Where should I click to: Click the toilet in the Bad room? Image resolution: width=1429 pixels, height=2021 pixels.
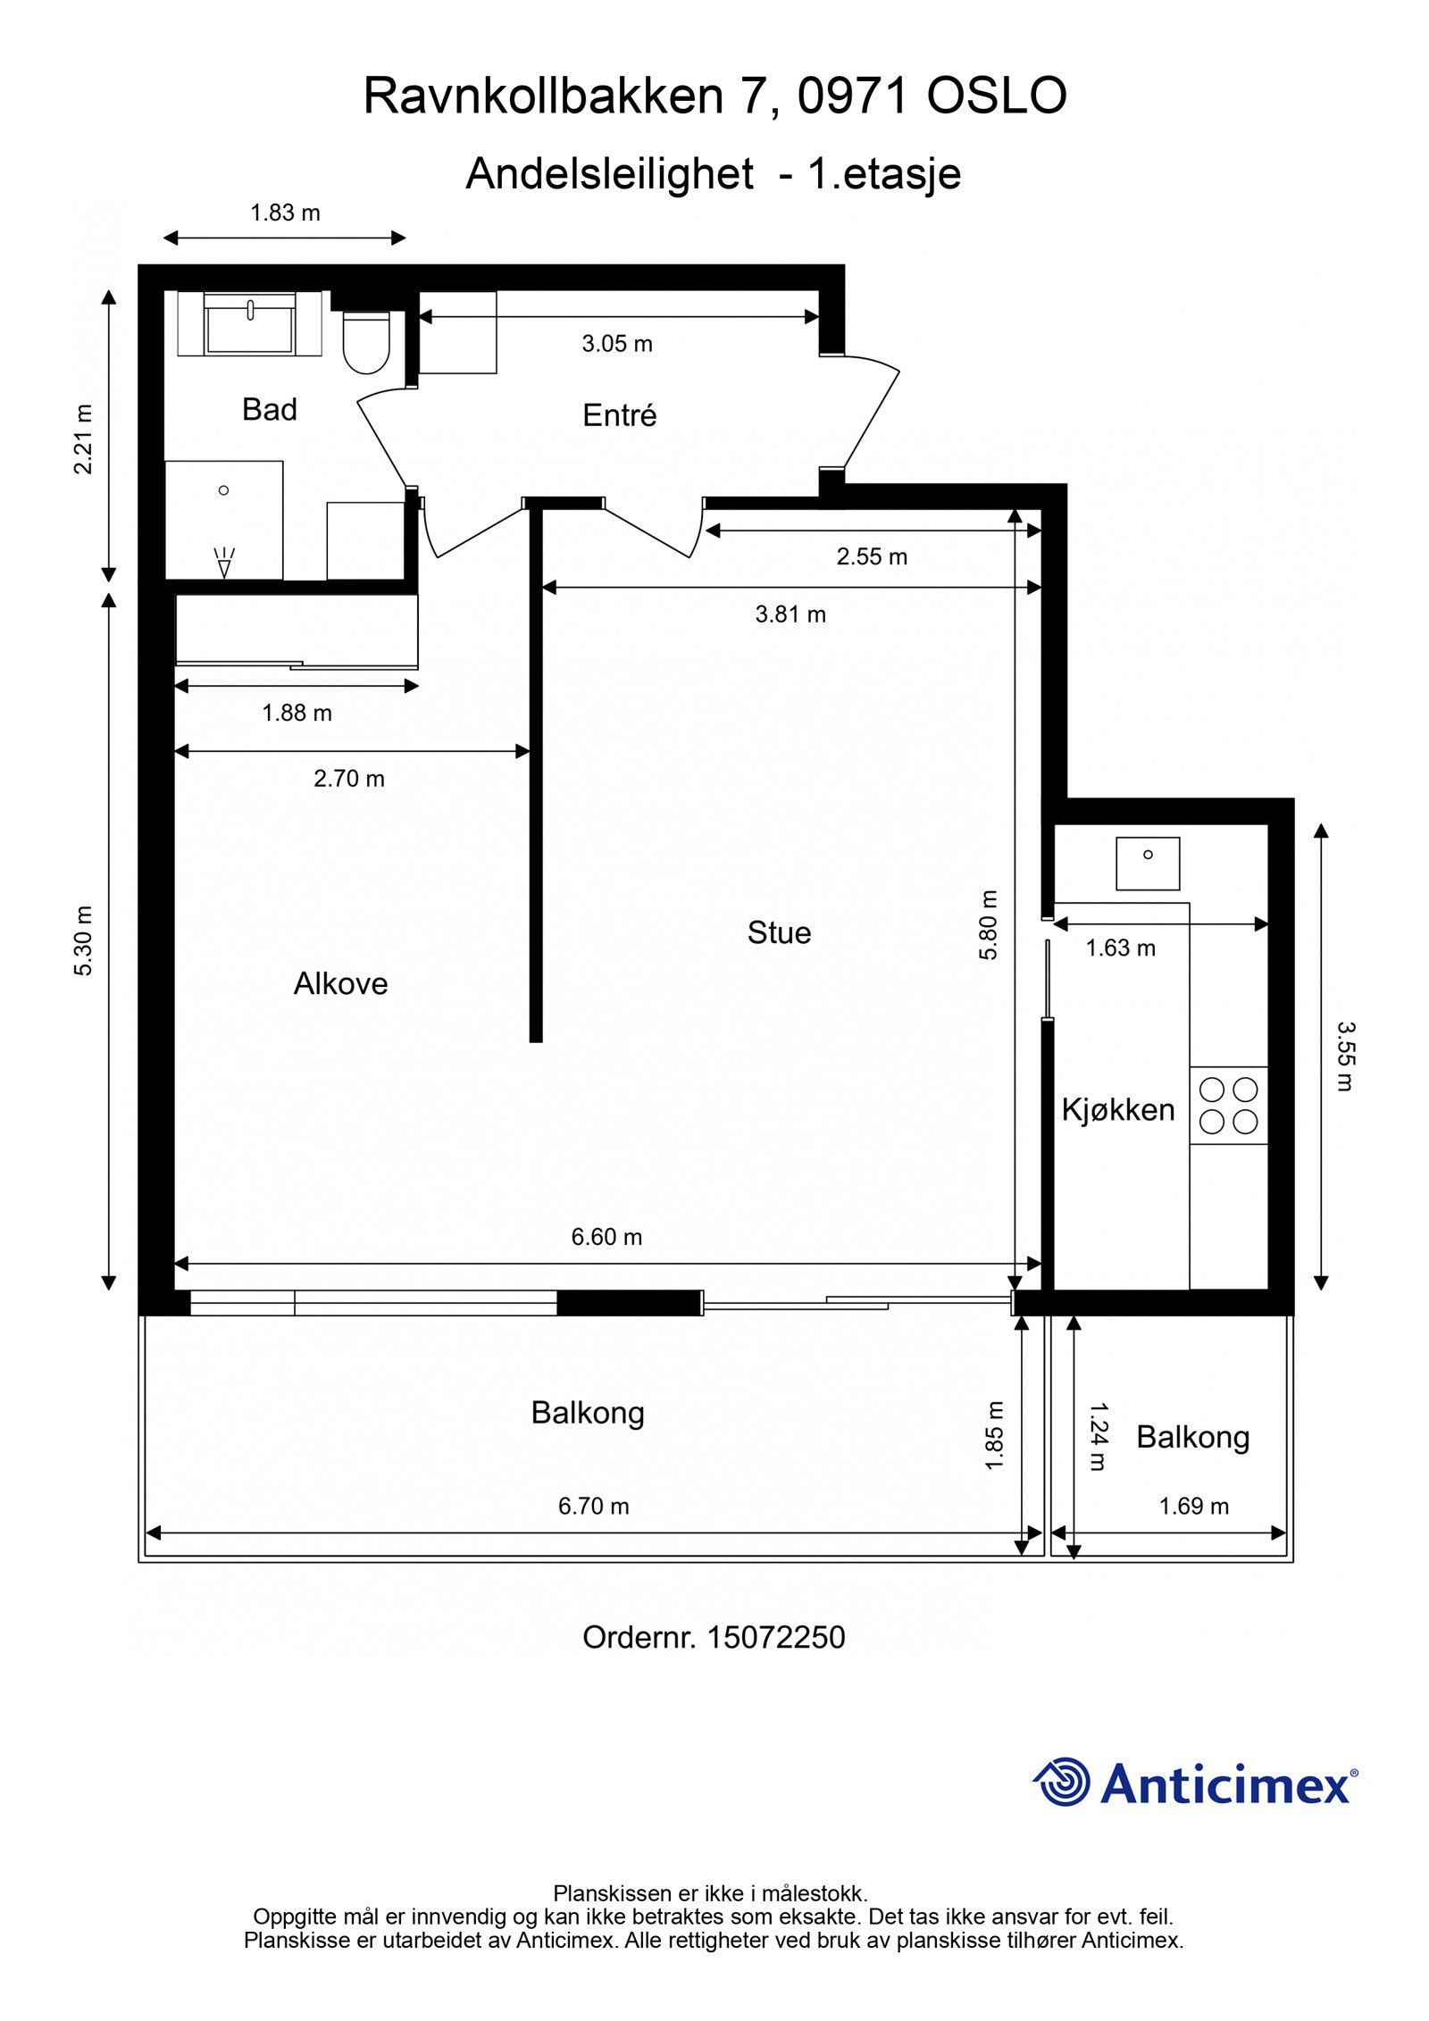tap(366, 342)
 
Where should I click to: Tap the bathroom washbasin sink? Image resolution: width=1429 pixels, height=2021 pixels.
tap(250, 324)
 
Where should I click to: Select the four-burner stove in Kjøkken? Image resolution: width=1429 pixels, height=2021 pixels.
tap(1228, 1105)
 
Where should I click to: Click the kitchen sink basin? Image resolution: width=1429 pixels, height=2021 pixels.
tap(1148, 863)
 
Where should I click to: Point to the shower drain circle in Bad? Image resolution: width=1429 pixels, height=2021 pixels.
tap(223, 490)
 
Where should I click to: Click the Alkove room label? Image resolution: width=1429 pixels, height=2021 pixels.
tap(340, 984)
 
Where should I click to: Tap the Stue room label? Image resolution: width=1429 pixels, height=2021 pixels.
tap(779, 933)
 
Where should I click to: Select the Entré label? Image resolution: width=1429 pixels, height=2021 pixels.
tap(619, 415)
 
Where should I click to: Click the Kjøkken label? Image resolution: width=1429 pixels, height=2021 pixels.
tap(1118, 1110)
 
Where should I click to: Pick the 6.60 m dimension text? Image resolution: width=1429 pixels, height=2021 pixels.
tap(606, 1237)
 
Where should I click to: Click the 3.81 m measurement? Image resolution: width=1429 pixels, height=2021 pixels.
tap(790, 614)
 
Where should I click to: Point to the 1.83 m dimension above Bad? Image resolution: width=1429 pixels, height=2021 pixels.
tap(285, 213)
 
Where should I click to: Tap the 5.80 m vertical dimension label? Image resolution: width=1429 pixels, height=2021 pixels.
tap(989, 924)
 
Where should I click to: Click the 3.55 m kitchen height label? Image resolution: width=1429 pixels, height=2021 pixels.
tap(1345, 1056)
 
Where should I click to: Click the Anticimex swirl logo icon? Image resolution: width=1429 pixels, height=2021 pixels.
tap(1062, 1782)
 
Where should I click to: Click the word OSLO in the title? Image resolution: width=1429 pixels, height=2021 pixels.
tap(997, 96)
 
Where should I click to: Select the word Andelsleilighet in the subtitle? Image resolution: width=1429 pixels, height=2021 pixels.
tap(609, 173)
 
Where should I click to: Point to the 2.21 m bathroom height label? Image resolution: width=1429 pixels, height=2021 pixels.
tap(82, 439)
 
